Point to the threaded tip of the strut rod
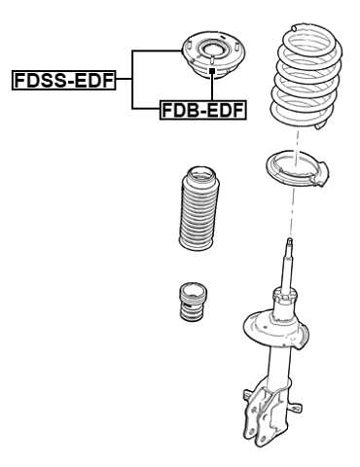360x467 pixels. click(289, 244)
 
